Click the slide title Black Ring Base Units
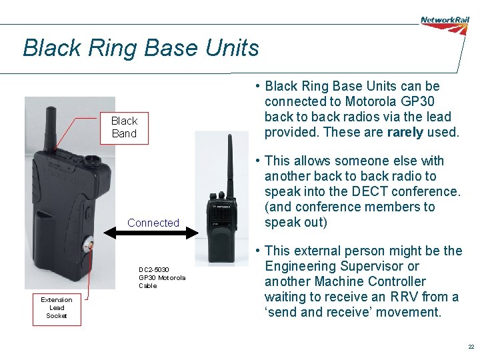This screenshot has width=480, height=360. tap(141, 48)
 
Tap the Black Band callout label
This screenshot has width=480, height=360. tap(124, 127)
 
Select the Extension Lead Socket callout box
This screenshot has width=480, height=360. tap(57, 307)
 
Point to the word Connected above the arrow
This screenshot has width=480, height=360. tap(153, 223)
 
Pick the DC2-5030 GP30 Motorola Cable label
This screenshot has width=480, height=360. tap(162, 277)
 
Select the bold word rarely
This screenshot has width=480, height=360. tap(405, 132)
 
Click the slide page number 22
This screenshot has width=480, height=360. tap(471, 347)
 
